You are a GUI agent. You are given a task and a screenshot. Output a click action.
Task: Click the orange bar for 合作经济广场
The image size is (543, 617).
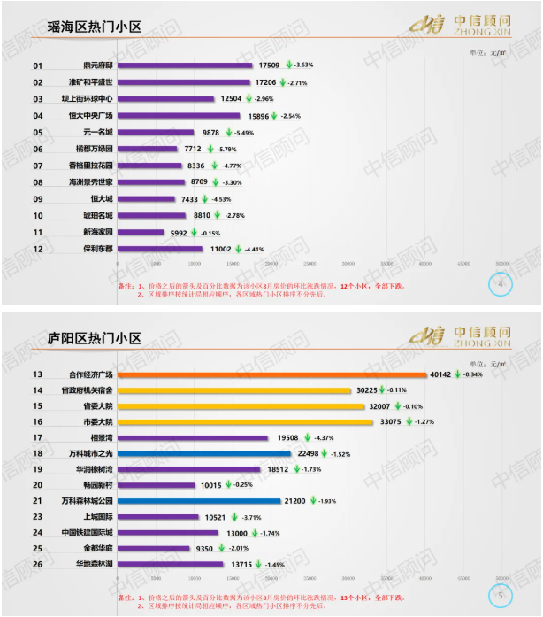point(271,374)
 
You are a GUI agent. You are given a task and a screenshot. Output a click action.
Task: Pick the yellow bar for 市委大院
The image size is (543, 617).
point(245,421)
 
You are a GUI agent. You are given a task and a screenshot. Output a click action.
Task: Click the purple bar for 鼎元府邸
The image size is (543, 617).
point(184,66)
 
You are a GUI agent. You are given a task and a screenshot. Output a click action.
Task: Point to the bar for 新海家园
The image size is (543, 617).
point(140,232)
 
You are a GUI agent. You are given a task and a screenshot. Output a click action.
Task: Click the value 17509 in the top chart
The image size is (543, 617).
point(269,66)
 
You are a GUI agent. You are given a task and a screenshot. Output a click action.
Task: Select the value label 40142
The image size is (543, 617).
point(440,374)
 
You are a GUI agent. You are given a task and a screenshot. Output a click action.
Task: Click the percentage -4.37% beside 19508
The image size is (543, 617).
point(322,437)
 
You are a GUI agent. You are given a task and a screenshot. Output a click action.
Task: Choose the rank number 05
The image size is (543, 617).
point(38,132)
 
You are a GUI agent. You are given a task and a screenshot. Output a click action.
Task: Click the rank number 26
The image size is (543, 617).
point(38,564)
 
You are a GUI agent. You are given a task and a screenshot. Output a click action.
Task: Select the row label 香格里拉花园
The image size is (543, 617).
point(91,166)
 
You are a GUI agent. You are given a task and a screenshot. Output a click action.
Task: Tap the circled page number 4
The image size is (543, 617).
point(501,284)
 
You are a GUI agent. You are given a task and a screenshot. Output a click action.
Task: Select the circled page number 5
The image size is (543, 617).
point(501,595)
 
